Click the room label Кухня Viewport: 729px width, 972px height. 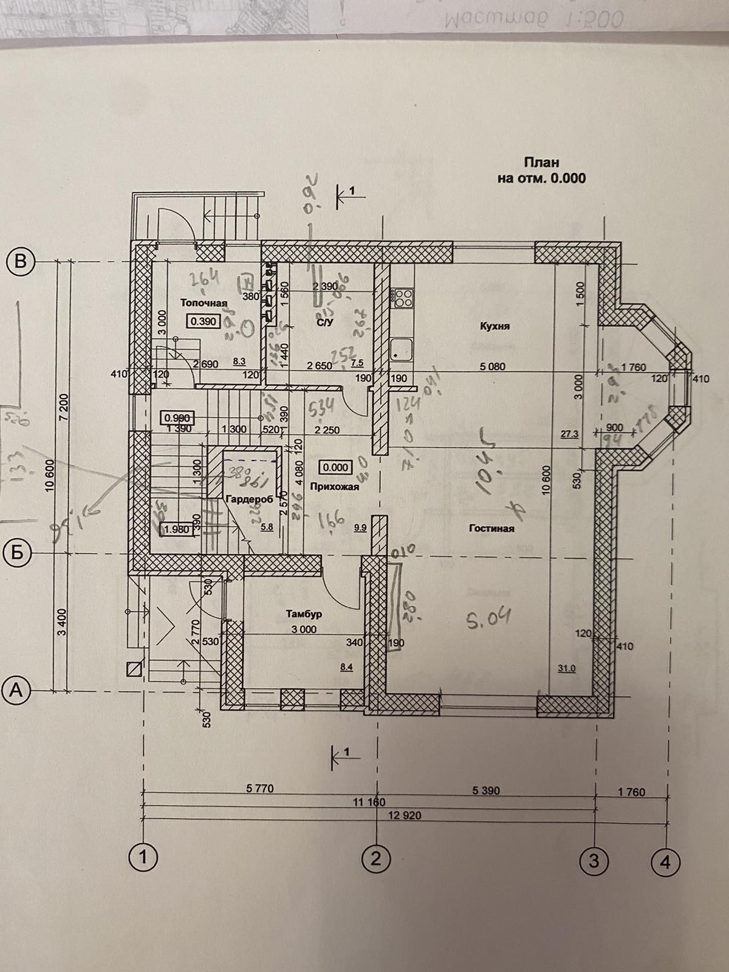coord(494,326)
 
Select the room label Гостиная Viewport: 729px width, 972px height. coord(491,529)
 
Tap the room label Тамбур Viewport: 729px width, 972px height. coord(304,614)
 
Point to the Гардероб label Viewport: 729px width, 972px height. coord(248,499)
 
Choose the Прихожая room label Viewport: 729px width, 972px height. coord(334,486)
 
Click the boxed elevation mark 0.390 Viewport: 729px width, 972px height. coord(204,321)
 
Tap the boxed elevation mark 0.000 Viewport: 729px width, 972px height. coord(336,467)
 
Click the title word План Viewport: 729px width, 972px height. coord(541,163)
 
